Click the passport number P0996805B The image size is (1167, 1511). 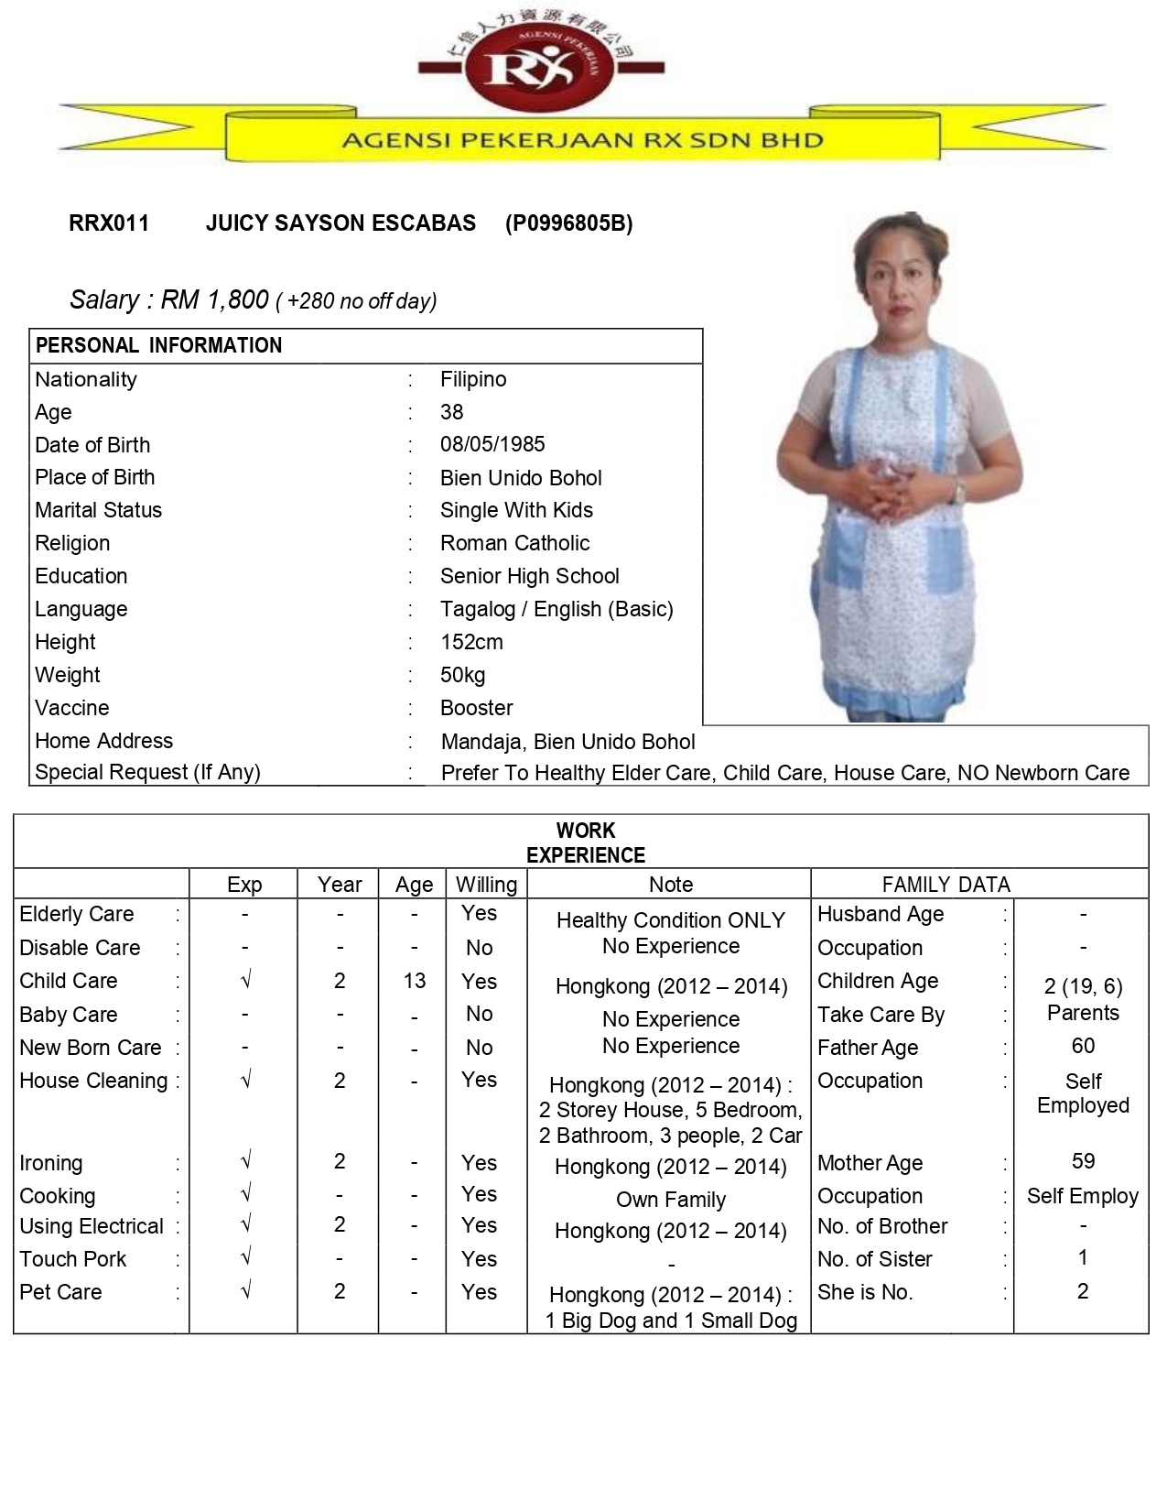coord(568,223)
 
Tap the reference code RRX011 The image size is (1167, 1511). coord(109,223)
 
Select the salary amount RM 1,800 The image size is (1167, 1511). coord(215,299)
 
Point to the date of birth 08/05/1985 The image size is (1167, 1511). coord(492,445)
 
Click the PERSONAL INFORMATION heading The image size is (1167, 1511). coord(158,346)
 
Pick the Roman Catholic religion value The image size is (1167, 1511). coord(514,543)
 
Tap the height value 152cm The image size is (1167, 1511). coord(471,642)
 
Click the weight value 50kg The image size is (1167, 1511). coord(462,675)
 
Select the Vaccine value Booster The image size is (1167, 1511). coord(476,708)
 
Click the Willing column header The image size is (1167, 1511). coord(486,885)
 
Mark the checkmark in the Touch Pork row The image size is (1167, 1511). coord(245,1258)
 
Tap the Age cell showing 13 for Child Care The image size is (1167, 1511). coord(414,981)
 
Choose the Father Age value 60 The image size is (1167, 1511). coord(1083,1046)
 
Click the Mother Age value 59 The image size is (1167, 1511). coord(1083,1161)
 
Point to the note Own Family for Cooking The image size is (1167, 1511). coord(671,1200)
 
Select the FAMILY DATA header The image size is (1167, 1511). coord(945,885)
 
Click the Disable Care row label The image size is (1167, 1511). coord(80,948)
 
